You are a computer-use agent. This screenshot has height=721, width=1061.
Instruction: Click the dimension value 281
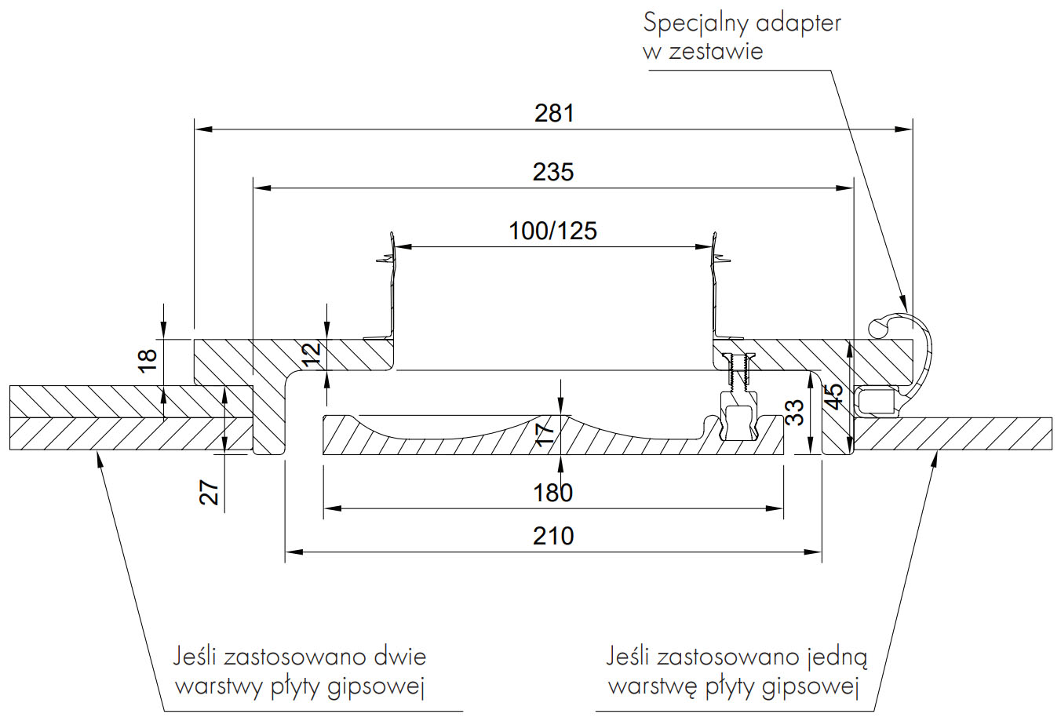point(554,113)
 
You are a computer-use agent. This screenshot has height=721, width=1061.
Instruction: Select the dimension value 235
point(553,172)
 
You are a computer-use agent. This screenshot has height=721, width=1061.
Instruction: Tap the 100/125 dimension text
point(552,231)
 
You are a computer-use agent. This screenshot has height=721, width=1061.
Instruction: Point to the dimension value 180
point(553,493)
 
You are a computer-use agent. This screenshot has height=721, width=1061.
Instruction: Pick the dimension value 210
point(553,536)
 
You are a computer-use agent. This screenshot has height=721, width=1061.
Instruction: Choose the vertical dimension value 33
point(795,412)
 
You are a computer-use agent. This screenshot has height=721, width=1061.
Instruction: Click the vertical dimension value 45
point(834,396)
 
